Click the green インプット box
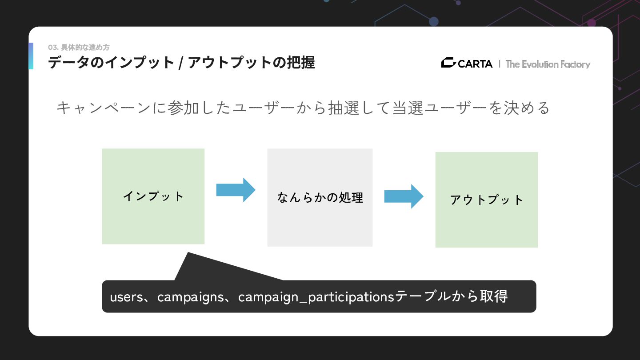coord(153,196)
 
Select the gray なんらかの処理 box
coord(320,197)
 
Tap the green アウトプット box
coord(486,200)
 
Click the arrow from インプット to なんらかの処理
coord(236,190)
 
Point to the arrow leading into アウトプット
coord(404,196)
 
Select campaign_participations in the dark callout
coord(316,297)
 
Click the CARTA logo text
coord(475,64)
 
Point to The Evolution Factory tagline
coord(548,64)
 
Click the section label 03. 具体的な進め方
coord(79,48)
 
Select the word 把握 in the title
coord(301,63)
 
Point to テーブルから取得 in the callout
coord(451,296)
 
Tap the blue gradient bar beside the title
coord(31,56)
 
